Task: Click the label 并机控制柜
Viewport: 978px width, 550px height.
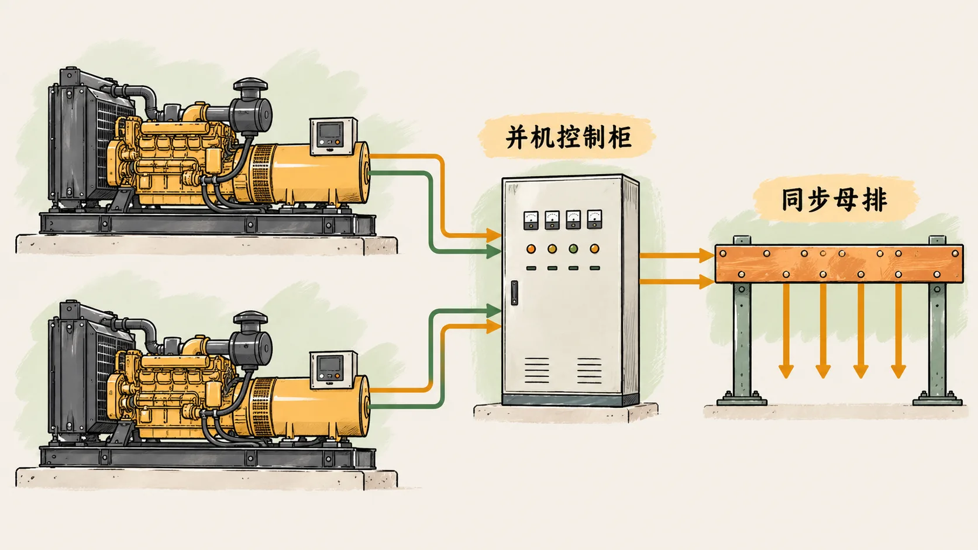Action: click(x=569, y=137)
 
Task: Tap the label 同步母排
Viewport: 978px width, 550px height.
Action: click(x=834, y=200)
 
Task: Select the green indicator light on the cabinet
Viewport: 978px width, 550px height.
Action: click(x=573, y=248)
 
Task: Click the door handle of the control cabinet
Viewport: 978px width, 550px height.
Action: click(x=514, y=293)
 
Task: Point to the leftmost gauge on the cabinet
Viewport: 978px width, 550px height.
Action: click(x=531, y=220)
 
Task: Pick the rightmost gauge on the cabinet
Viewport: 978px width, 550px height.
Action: click(x=595, y=219)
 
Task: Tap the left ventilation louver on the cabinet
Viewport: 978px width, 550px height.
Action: click(x=536, y=371)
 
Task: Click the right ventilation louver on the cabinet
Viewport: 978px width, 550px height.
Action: click(x=590, y=371)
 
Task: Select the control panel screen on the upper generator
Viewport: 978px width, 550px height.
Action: click(x=330, y=130)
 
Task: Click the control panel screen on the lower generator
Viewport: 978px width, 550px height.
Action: click(x=330, y=364)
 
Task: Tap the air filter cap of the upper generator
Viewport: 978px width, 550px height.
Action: click(x=250, y=85)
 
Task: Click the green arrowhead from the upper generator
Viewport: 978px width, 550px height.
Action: click(x=494, y=251)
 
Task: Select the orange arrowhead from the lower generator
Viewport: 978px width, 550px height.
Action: click(x=494, y=326)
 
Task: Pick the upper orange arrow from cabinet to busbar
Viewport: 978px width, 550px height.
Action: click(x=677, y=255)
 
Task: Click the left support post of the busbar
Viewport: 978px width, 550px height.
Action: click(x=742, y=320)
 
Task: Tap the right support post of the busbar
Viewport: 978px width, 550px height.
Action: click(x=937, y=320)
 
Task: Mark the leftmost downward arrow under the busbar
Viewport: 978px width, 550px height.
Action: click(x=786, y=331)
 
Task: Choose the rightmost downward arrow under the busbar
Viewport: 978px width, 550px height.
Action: click(x=898, y=331)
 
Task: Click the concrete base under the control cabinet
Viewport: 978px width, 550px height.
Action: click(x=566, y=412)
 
